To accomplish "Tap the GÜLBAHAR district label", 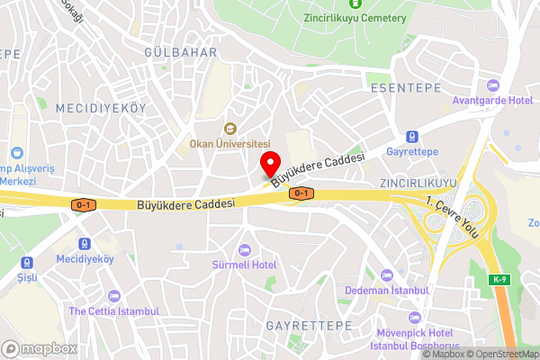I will (181, 53).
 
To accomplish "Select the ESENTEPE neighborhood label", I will (405, 88).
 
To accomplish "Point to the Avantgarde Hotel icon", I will (491, 85).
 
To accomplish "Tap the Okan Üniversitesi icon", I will (229, 128).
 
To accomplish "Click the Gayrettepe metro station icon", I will (411, 137).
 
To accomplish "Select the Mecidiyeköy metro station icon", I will (85, 243).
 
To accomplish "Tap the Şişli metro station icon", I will (28, 263).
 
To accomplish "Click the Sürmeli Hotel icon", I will (244, 249).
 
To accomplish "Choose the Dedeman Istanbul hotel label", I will (387, 291).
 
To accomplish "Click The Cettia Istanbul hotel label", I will (113, 310).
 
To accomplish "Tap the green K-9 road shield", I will (499, 280).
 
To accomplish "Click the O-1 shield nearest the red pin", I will (301, 193).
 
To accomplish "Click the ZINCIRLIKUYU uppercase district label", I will (419, 183).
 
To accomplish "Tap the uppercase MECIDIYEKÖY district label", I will (101, 108).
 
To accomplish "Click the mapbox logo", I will (39, 347).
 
